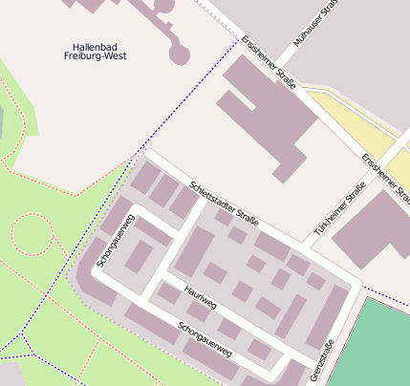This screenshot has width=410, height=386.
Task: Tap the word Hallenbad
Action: (98, 46)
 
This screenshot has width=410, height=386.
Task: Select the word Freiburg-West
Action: (98, 56)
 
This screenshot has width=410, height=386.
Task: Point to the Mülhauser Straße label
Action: (317, 27)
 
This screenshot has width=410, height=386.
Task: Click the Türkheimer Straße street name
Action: (340, 211)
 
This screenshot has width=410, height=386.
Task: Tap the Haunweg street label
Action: (201, 298)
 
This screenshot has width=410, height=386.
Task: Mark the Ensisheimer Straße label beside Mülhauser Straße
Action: (269, 63)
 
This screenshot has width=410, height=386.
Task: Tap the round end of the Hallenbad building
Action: (179, 52)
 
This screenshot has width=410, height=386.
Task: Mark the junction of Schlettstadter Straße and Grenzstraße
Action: (357, 285)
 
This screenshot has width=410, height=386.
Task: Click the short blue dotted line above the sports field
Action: (386, 292)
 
